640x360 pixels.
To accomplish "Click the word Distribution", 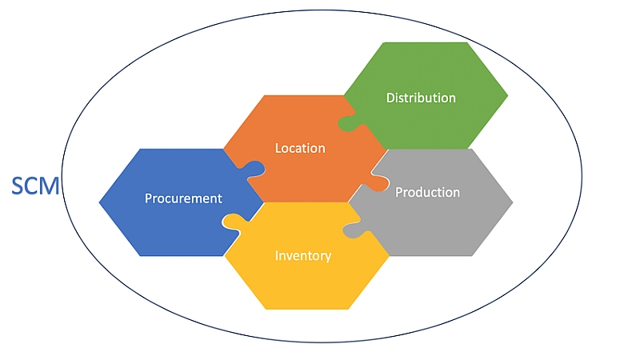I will point(421,98).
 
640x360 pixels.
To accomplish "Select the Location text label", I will point(300,148).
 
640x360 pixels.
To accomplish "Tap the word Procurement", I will point(183,198).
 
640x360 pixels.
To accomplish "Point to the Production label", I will point(427,192).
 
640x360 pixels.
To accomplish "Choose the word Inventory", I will point(303,255).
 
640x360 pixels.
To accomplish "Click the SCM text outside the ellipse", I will point(35,186).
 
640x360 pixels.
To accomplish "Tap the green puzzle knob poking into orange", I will point(348,123).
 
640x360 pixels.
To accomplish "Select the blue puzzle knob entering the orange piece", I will point(254,167).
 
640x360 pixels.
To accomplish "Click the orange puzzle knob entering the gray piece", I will point(377,178).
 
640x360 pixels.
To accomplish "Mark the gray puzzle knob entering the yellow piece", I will point(354,230).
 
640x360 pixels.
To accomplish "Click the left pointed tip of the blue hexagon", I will point(100,202).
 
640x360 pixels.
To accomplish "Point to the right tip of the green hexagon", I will point(508,95).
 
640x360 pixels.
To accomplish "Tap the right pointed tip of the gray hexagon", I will point(512,202).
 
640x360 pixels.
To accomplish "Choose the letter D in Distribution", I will point(390,98).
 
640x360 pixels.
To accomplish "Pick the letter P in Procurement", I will point(149,198).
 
